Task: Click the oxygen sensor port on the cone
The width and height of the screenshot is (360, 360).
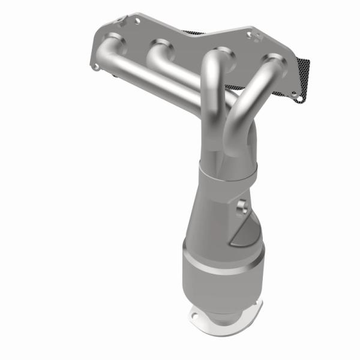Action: pyautogui.click(x=242, y=207)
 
